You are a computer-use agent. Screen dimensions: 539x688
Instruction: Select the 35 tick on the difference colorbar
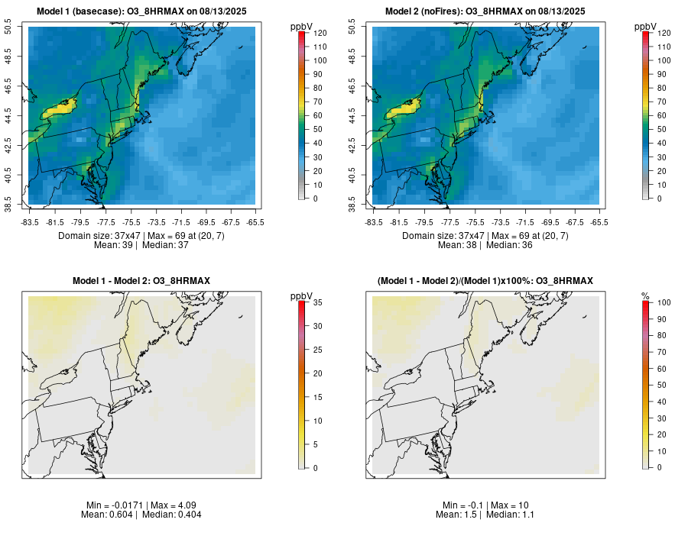click(x=316, y=303)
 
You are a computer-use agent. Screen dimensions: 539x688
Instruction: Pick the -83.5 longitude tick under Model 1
click(x=30, y=222)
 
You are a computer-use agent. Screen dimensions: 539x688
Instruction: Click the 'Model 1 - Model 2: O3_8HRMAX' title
click(x=141, y=281)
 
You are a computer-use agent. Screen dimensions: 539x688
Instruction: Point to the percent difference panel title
click(x=485, y=281)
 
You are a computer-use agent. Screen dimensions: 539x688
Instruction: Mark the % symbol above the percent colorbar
click(x=645, y=295)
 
